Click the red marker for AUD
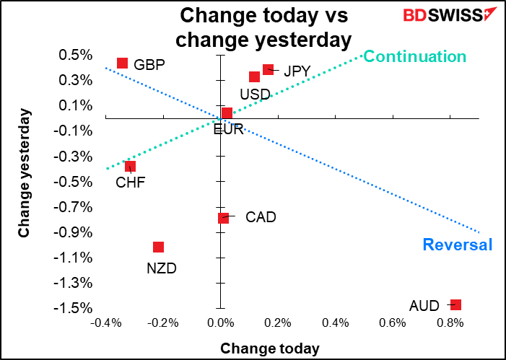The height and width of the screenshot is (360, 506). [x=455, y=305]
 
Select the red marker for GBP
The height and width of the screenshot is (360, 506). [x=123, y=63]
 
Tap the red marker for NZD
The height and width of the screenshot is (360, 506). [x=158, y=247]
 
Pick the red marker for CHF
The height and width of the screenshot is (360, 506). [x=130, y=166]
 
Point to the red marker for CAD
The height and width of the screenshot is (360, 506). [x=223, y=217]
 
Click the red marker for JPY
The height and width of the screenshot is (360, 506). [x=268, y=69]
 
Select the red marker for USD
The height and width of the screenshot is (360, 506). [x=254, y=76]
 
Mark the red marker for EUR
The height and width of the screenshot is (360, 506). [x=227, y=113]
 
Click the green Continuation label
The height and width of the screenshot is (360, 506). [x=414, y=56]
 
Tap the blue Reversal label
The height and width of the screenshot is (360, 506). [x=457, y=245]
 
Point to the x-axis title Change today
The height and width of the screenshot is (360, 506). [x=269, y=348]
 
